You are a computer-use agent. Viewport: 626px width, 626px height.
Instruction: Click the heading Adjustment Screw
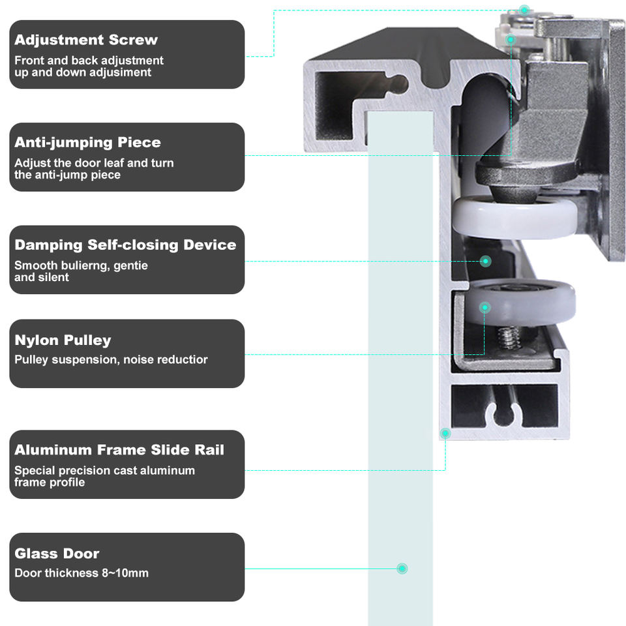86,40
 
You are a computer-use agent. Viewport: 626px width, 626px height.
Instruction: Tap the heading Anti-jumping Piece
87,142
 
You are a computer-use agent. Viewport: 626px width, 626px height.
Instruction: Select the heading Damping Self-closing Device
125,245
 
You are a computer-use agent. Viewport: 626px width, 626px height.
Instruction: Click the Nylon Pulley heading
63,340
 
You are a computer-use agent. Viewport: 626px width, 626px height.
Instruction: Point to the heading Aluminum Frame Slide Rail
119,450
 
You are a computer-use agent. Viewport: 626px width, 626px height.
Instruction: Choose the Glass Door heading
57,554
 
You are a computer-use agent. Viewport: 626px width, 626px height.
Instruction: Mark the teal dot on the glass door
402,569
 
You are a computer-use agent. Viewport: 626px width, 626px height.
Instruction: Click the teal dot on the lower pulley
484,307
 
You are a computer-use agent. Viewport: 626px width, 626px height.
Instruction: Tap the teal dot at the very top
524,9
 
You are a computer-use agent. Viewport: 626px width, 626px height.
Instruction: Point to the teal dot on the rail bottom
445,433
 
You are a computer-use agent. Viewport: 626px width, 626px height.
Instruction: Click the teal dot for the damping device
485,261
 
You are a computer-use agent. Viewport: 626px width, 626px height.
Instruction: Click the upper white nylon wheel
515,218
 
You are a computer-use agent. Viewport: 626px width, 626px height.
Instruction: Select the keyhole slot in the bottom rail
506,410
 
